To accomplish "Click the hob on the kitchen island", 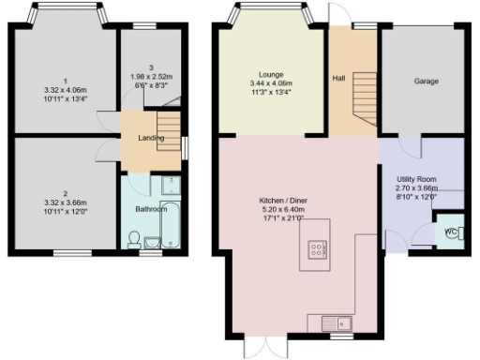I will coord(316,249).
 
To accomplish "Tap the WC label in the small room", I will coord(449,231).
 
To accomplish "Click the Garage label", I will coord(427,81).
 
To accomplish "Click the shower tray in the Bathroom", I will coord(172,186).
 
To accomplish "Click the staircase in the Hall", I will coord(363,102).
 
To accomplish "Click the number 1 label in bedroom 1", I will coord(66,78).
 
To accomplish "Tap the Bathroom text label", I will coord(151,209).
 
